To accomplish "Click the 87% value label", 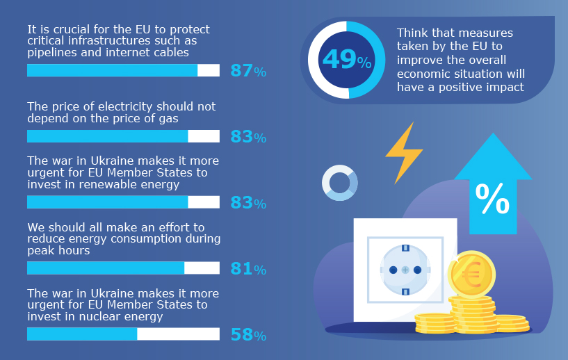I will [x=248, y=70].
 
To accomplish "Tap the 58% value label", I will [x=248, y=335].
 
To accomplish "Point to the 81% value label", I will [x=248, y=268].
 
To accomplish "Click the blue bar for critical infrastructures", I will [x=112, y=70].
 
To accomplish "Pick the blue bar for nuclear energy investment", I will [x=82, y=334].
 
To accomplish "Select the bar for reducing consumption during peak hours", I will [x=106, y=268].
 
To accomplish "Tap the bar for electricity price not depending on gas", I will [x=107, y=136].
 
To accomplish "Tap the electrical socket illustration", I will [x=405, y=269].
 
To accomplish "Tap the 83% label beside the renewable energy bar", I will [x=248, y=203].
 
